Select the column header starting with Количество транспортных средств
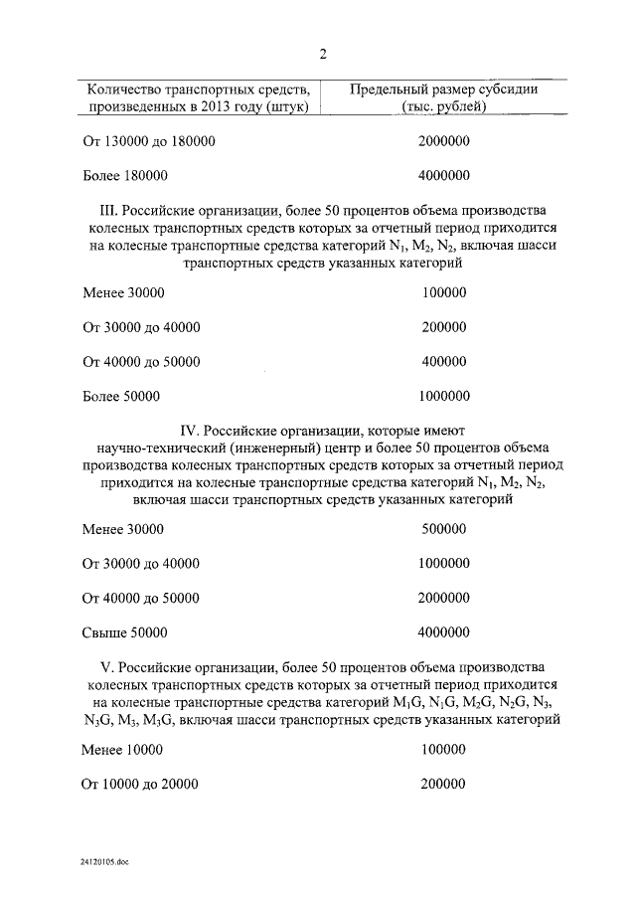click(x=199, y=97)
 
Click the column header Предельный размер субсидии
click(x=444, y=97)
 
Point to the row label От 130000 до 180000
click(x=148, y=141)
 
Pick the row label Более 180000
click(x=125, y=175)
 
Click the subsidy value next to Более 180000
click(x=444, y=175)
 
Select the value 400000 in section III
click(x=443, y=361)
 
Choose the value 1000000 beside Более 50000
click(x=444, y=396)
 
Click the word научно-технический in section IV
click(x=155, y=449)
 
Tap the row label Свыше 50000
click(x=125, y=631)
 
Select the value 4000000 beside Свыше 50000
click(x=444, y=631)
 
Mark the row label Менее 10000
click(x=122, y=749)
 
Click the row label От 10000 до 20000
click(x=141, y=784)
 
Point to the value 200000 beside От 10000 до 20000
click(x=443, y=784)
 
